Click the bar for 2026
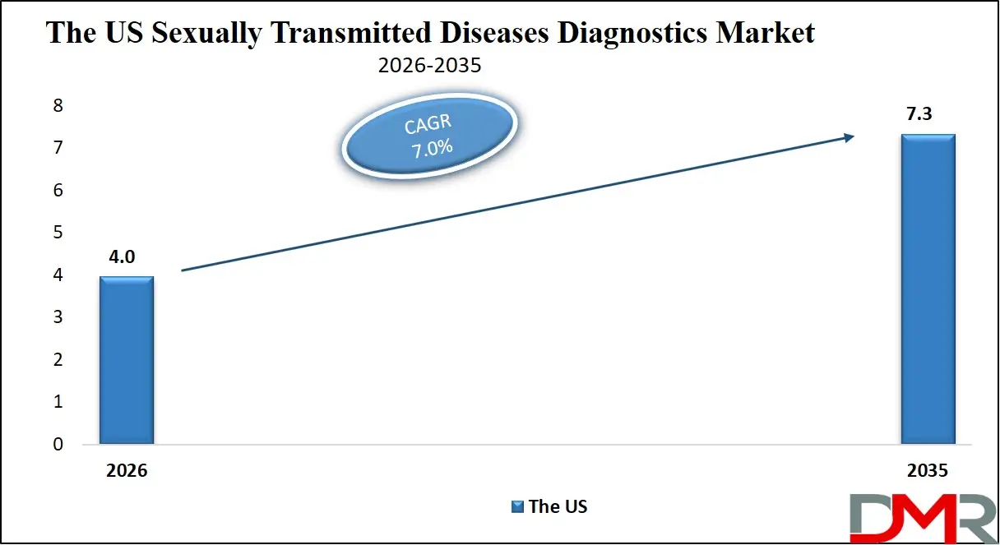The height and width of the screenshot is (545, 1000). tap(127, 360)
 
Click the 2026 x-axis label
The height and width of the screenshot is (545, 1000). tap(127, 472)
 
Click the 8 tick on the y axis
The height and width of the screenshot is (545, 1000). tap(58, 106)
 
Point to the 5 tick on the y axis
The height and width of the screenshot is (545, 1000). tap(58, 233)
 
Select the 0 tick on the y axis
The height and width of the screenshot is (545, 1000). tap(58, 445)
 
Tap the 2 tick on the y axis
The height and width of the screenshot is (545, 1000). tap(58, 360)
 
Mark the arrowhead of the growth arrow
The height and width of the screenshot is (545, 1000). tap(850, 138)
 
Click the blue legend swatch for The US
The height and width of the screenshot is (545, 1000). tap(517, 506)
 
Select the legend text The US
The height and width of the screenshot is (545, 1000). tap(558, 506)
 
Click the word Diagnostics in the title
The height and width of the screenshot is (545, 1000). tap(576, 33)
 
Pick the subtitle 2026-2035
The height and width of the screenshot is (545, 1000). tap(429, 66)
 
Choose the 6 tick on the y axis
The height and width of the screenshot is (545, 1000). tap(58, 191)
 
